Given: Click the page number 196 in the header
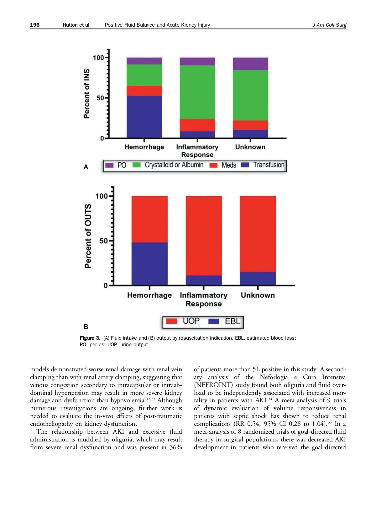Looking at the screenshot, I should pyautogui.click(x=35, y=25).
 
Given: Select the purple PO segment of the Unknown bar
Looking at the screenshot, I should pyautogui.click(x=250, y=64).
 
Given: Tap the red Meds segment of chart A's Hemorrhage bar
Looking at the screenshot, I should pyautogui.click(x=144, y=91).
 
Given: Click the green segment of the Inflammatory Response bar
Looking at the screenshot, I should pyautogui.click(x=197, y=92).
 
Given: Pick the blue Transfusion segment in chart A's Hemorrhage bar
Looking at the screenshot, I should pyautogui.click(x=144, y=117).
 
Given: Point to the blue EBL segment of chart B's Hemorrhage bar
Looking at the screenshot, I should pyautogui.click(x=149, y=264).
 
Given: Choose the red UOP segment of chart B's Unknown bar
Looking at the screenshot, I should pyautogui.click(x=258, y=234).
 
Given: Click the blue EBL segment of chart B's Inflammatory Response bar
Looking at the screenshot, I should pyautogui.click(x=204, y=280).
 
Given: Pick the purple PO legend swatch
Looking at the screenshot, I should pyautogui.click(x=109, y=165).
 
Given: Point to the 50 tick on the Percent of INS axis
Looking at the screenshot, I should pyautogui.click(x=100, y=98).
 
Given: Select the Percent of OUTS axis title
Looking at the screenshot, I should pyautogui.click(x=88, y=236).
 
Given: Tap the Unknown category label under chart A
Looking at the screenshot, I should pyautogui.click(x=250, y=147).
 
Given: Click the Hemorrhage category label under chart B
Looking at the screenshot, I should pyautogui.click(x=149, y=295).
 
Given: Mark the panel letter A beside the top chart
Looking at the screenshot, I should pyautogui.click(x=86, y=167).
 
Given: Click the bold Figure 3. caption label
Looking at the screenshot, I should pyautogui.click(x=90, y=338).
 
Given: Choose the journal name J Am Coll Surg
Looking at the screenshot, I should pyautogui.click(x=329, y=25).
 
